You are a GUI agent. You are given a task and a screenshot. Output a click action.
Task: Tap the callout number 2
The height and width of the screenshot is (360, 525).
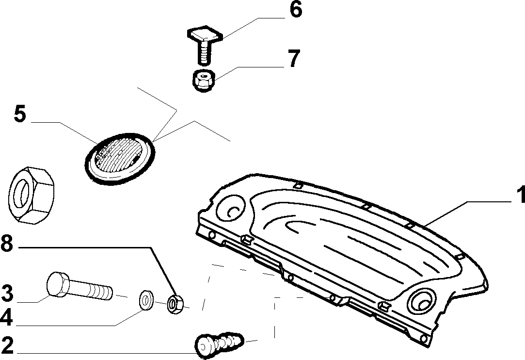(x=7, y=345)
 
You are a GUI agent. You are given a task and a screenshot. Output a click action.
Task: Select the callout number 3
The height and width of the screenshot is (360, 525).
(x=7, y=293)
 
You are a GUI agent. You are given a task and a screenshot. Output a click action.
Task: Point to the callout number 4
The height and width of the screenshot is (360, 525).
(x=6, y=317)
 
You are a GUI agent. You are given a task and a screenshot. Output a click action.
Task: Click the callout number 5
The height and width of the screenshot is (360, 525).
(x=20, y=114)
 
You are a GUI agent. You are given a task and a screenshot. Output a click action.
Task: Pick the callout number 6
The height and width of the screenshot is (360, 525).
(x=296, y=9)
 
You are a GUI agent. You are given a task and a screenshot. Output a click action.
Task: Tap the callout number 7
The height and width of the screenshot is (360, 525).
(x=294, y=58)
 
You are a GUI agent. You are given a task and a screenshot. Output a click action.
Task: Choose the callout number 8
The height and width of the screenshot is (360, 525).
(x=7, y=244)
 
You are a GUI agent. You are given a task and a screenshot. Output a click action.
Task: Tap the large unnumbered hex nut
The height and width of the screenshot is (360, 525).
(x=31, y=196)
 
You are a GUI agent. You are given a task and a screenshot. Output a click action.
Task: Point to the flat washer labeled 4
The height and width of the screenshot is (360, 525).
(x=146, y=300)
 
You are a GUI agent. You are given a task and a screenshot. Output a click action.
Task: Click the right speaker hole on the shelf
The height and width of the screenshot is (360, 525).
(x=422, y=301)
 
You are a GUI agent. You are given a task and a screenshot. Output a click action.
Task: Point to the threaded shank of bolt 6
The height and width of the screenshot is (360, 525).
(x=205, y=52)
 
